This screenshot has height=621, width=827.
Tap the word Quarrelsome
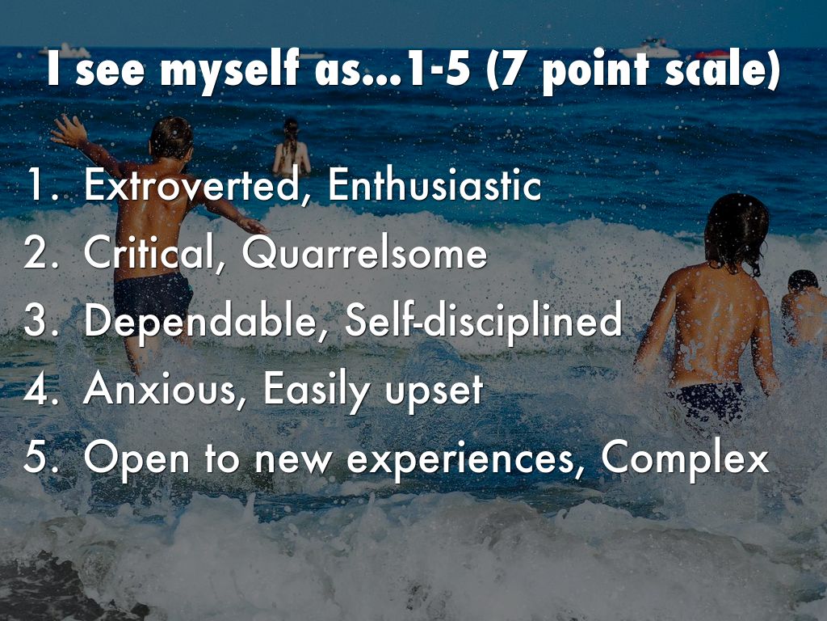tap(364, 253)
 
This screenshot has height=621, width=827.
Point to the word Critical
tap(149, 253)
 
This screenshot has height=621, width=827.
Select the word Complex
tap(685, 458)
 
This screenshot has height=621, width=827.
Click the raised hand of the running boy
tap(69, 130)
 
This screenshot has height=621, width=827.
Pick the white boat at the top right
tap(650, 49)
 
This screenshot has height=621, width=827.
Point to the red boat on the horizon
tap(712, 54)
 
